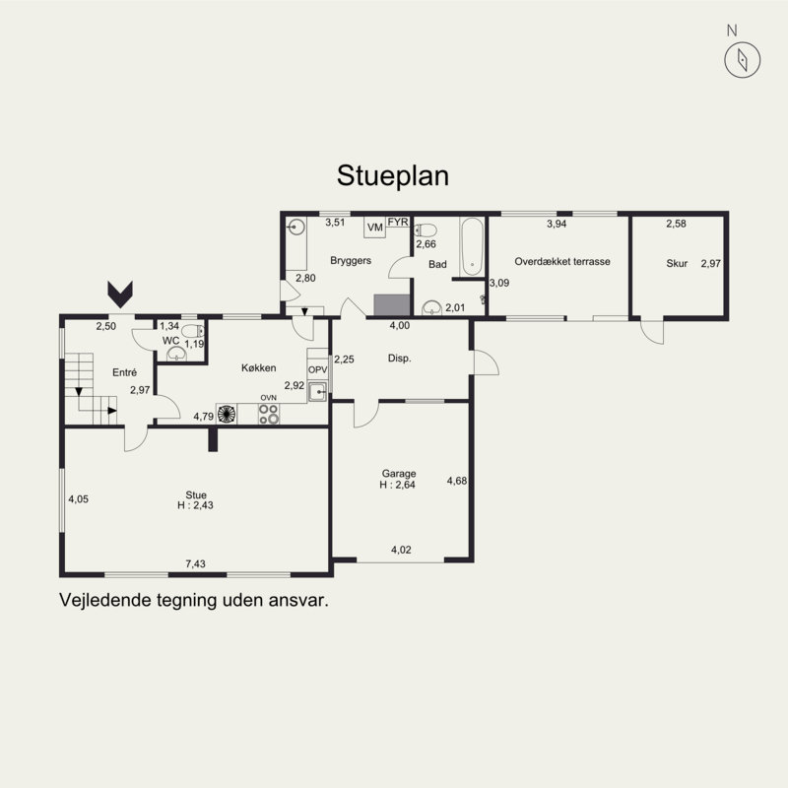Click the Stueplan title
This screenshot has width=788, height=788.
[392, 176]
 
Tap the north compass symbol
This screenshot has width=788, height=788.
[743, 60]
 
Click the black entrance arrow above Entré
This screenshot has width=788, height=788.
[120, 295]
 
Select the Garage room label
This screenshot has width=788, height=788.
[399, 474]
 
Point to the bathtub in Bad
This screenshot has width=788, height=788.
[472, 246]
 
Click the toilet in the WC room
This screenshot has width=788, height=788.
[192, 331]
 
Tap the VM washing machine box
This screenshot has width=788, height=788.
[375, 228]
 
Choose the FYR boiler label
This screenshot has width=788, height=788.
[398, 222]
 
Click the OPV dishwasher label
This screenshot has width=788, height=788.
[317, 370]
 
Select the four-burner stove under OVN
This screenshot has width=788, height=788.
[269, 414]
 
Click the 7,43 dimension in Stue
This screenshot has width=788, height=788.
[195, 563]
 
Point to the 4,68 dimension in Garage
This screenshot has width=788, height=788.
[457, 481]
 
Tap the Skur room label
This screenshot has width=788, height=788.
[677, 263]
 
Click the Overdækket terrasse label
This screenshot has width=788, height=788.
[562, 261]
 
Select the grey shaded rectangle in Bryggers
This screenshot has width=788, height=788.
[392, 305]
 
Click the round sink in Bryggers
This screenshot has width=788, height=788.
[296, 228]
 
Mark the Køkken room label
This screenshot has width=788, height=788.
[258, 367]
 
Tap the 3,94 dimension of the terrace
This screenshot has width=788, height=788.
[557, 225]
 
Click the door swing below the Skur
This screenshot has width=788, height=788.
[652, 332]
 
